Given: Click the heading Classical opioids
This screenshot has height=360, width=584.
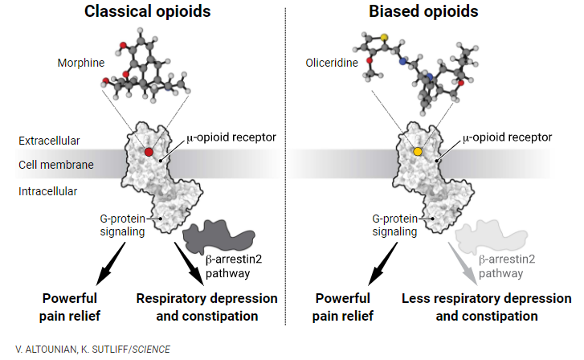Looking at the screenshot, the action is point(148,11).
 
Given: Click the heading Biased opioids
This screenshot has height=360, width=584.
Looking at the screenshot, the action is point(423,11).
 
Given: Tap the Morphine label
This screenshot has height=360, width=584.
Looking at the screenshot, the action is point(81,63).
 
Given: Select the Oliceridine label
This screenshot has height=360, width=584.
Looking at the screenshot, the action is point(332,63).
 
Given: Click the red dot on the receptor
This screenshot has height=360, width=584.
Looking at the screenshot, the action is point(149,152).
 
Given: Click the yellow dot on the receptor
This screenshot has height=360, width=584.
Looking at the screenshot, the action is point(418,152).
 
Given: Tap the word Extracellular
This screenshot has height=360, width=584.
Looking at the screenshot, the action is point(49,141).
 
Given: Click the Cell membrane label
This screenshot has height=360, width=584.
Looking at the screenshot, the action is point(56,165).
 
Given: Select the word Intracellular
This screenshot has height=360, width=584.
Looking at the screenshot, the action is point(47,191).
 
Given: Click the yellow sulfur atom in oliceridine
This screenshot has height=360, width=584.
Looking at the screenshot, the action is point(384,37).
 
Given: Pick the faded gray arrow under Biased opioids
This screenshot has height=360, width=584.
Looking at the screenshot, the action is point(463,264).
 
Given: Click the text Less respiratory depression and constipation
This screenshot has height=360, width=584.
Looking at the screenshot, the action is point(487,307).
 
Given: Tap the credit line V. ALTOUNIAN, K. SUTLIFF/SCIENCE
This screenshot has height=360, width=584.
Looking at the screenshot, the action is point(92,350).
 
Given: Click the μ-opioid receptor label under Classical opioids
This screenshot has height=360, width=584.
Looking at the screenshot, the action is point(231,137).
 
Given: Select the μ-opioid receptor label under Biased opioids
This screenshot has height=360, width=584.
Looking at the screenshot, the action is point(507,137).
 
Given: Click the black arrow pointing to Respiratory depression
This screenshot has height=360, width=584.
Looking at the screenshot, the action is point(190,264).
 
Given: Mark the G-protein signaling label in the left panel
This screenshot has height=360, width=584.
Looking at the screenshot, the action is point(123,225).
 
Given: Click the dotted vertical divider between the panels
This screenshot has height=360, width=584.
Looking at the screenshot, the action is point(286,166).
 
